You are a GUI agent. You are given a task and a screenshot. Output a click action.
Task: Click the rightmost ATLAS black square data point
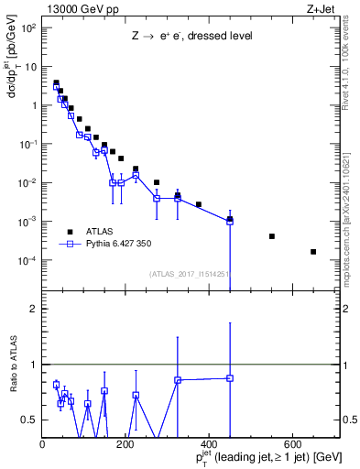tap(313, 252)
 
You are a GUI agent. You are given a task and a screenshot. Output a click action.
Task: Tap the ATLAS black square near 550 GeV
tap(272, 236)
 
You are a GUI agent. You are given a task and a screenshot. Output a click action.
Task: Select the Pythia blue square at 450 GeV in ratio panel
tap(230, 377)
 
